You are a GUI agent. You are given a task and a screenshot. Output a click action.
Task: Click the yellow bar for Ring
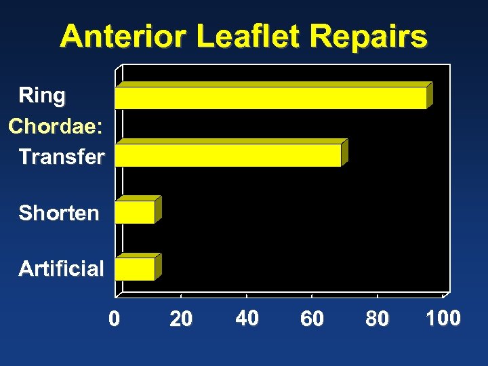click(271, 98)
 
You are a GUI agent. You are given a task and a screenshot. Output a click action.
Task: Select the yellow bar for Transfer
click(228, 155)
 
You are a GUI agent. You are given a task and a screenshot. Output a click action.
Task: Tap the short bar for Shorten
click(135, 212)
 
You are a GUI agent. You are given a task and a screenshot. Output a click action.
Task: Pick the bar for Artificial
click(135, 269)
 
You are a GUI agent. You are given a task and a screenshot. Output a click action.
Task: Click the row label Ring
click(42, 96)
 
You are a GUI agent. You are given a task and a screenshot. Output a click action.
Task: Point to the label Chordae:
click(56, 127)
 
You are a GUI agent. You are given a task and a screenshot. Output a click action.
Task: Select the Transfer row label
click(62, 157)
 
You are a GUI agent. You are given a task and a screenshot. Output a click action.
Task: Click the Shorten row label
click(59, 213)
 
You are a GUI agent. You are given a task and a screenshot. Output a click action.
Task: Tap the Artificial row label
click(62, 269)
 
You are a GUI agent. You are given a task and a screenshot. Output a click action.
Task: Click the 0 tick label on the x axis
click(115, 318)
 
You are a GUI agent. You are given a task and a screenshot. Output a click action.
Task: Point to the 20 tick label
click(181, 319)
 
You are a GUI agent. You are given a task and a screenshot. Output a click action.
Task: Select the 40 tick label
click(247, 318)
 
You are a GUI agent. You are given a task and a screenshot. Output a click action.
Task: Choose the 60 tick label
click(312, 319)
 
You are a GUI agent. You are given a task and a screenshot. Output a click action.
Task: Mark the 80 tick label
click(378, 319)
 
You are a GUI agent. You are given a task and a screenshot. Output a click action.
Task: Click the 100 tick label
click(443, 318)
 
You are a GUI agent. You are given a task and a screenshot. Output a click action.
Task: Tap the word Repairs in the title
click(373, 37)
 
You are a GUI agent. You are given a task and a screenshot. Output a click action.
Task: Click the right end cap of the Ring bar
click(430, 94)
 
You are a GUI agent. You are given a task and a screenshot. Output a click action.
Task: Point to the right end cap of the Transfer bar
click(344, 152)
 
